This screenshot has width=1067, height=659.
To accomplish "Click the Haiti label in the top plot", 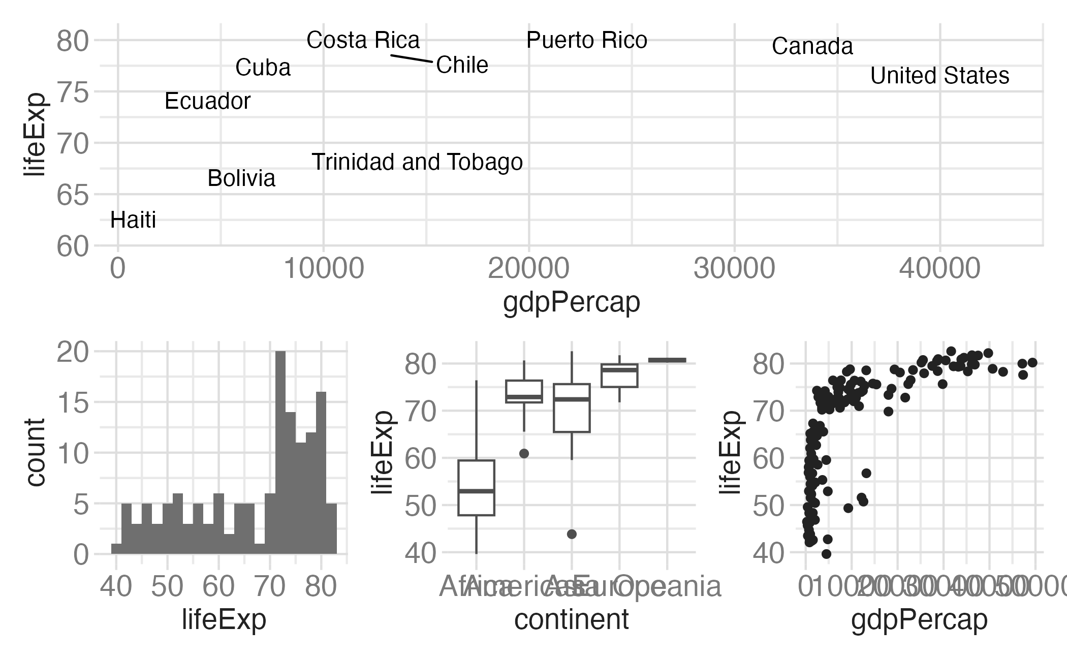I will point(133,220).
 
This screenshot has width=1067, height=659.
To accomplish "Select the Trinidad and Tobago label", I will point(417,162).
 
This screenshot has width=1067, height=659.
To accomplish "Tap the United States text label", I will point(939,76).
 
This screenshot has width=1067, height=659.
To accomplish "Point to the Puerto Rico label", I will point(586,40).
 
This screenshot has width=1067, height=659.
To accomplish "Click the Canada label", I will point(812,46).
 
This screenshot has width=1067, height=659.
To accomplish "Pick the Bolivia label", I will point(241,178).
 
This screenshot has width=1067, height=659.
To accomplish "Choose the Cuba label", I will point(263,68).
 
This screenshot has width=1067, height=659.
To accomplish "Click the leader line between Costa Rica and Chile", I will point(412,58).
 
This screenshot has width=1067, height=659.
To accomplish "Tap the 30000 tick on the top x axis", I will point(734,268).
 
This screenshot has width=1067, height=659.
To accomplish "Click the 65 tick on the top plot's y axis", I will point(73,195).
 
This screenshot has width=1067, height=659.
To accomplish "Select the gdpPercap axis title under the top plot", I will point(571,302).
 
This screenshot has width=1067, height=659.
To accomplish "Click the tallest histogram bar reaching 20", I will point(280,452).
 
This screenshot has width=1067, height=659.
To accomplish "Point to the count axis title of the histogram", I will point(35,452).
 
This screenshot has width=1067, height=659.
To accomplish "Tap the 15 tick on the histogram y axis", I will point(73,403).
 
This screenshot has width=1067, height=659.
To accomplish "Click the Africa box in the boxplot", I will point(476,488).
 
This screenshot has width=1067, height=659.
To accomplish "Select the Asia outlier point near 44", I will point(572,534).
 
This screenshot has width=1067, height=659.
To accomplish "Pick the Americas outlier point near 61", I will point(524,453).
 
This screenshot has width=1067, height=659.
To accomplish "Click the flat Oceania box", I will point(667,360).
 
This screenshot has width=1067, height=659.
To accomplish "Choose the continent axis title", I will point(571,619).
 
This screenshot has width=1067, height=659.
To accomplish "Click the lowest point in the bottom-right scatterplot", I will point(826,554).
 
